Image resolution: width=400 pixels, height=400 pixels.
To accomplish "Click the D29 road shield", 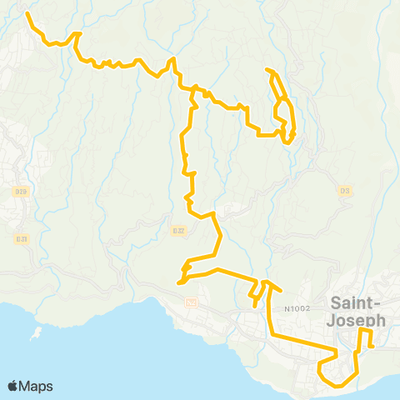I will click(x=21, y=192).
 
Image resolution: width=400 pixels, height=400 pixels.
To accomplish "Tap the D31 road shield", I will click(x=21, y=239).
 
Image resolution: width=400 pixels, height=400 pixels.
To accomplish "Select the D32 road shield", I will click(x=177, y=231).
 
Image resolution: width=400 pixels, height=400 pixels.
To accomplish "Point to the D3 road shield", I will click(x=343, y=191).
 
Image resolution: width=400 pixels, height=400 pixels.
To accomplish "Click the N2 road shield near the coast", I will click(x=191, y=301).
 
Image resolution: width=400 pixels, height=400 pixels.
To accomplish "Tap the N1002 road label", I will click(x=297, y=309).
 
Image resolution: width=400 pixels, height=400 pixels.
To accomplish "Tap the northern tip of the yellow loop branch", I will click(x=267, y=69).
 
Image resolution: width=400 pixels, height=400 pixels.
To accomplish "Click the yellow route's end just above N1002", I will click(x=281, y=291).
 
